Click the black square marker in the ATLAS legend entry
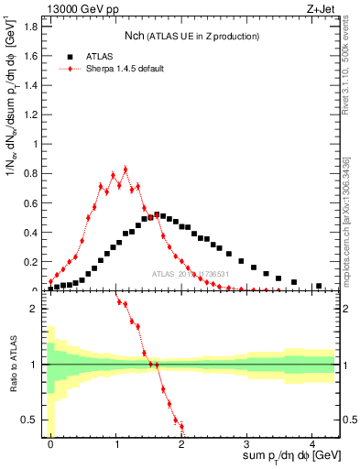[71, 55]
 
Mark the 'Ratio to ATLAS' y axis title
[11, 364]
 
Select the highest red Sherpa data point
[125, 169]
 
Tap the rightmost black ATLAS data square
[319, 286]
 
